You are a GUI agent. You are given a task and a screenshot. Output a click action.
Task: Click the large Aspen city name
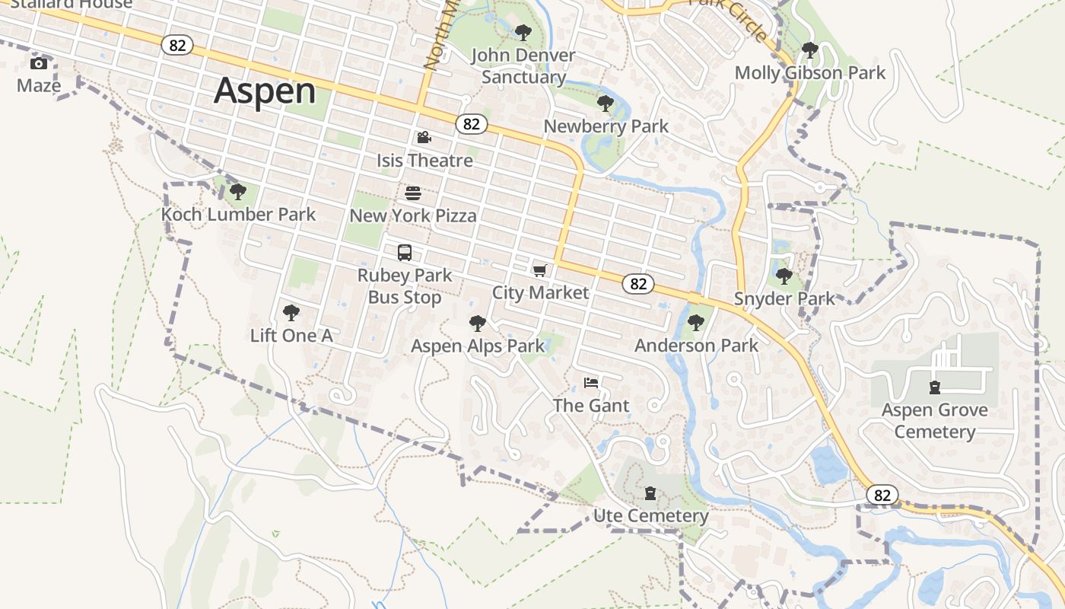(265, 91)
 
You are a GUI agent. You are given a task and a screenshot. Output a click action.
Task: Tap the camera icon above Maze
(38, 63)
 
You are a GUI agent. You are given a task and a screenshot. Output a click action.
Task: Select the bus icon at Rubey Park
(405, 253)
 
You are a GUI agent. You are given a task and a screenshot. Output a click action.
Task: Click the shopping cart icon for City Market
(540, 270)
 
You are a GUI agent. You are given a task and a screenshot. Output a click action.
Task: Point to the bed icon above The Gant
(591, 383)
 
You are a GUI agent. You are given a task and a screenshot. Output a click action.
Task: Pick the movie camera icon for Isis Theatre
(424, 138)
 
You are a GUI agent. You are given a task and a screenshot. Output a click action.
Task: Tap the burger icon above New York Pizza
(413, 193)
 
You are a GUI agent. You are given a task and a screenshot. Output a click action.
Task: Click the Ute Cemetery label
(650, 516)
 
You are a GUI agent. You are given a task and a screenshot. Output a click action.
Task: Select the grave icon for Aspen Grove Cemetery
(935, 387)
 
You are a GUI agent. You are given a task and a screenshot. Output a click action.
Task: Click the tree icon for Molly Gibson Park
(810, 51)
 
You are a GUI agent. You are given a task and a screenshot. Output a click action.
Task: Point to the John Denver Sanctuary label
(523, 66)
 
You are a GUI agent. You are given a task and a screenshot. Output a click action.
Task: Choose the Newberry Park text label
(606, 126)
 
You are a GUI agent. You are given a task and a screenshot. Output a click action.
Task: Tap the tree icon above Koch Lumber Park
(238, 192)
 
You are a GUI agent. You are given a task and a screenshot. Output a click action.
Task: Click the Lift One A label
(291, 336)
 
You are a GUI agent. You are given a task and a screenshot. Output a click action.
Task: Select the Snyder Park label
(784, 299)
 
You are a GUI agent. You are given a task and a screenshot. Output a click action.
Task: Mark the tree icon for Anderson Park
(696, 323)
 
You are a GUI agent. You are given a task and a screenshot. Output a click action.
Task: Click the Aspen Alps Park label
(478, 346)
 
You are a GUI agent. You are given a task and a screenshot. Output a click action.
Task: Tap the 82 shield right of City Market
(638, 284)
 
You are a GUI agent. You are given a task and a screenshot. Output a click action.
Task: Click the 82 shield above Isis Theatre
(472, 124)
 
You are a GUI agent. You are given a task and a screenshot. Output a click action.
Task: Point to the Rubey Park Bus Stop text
(405, 286)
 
